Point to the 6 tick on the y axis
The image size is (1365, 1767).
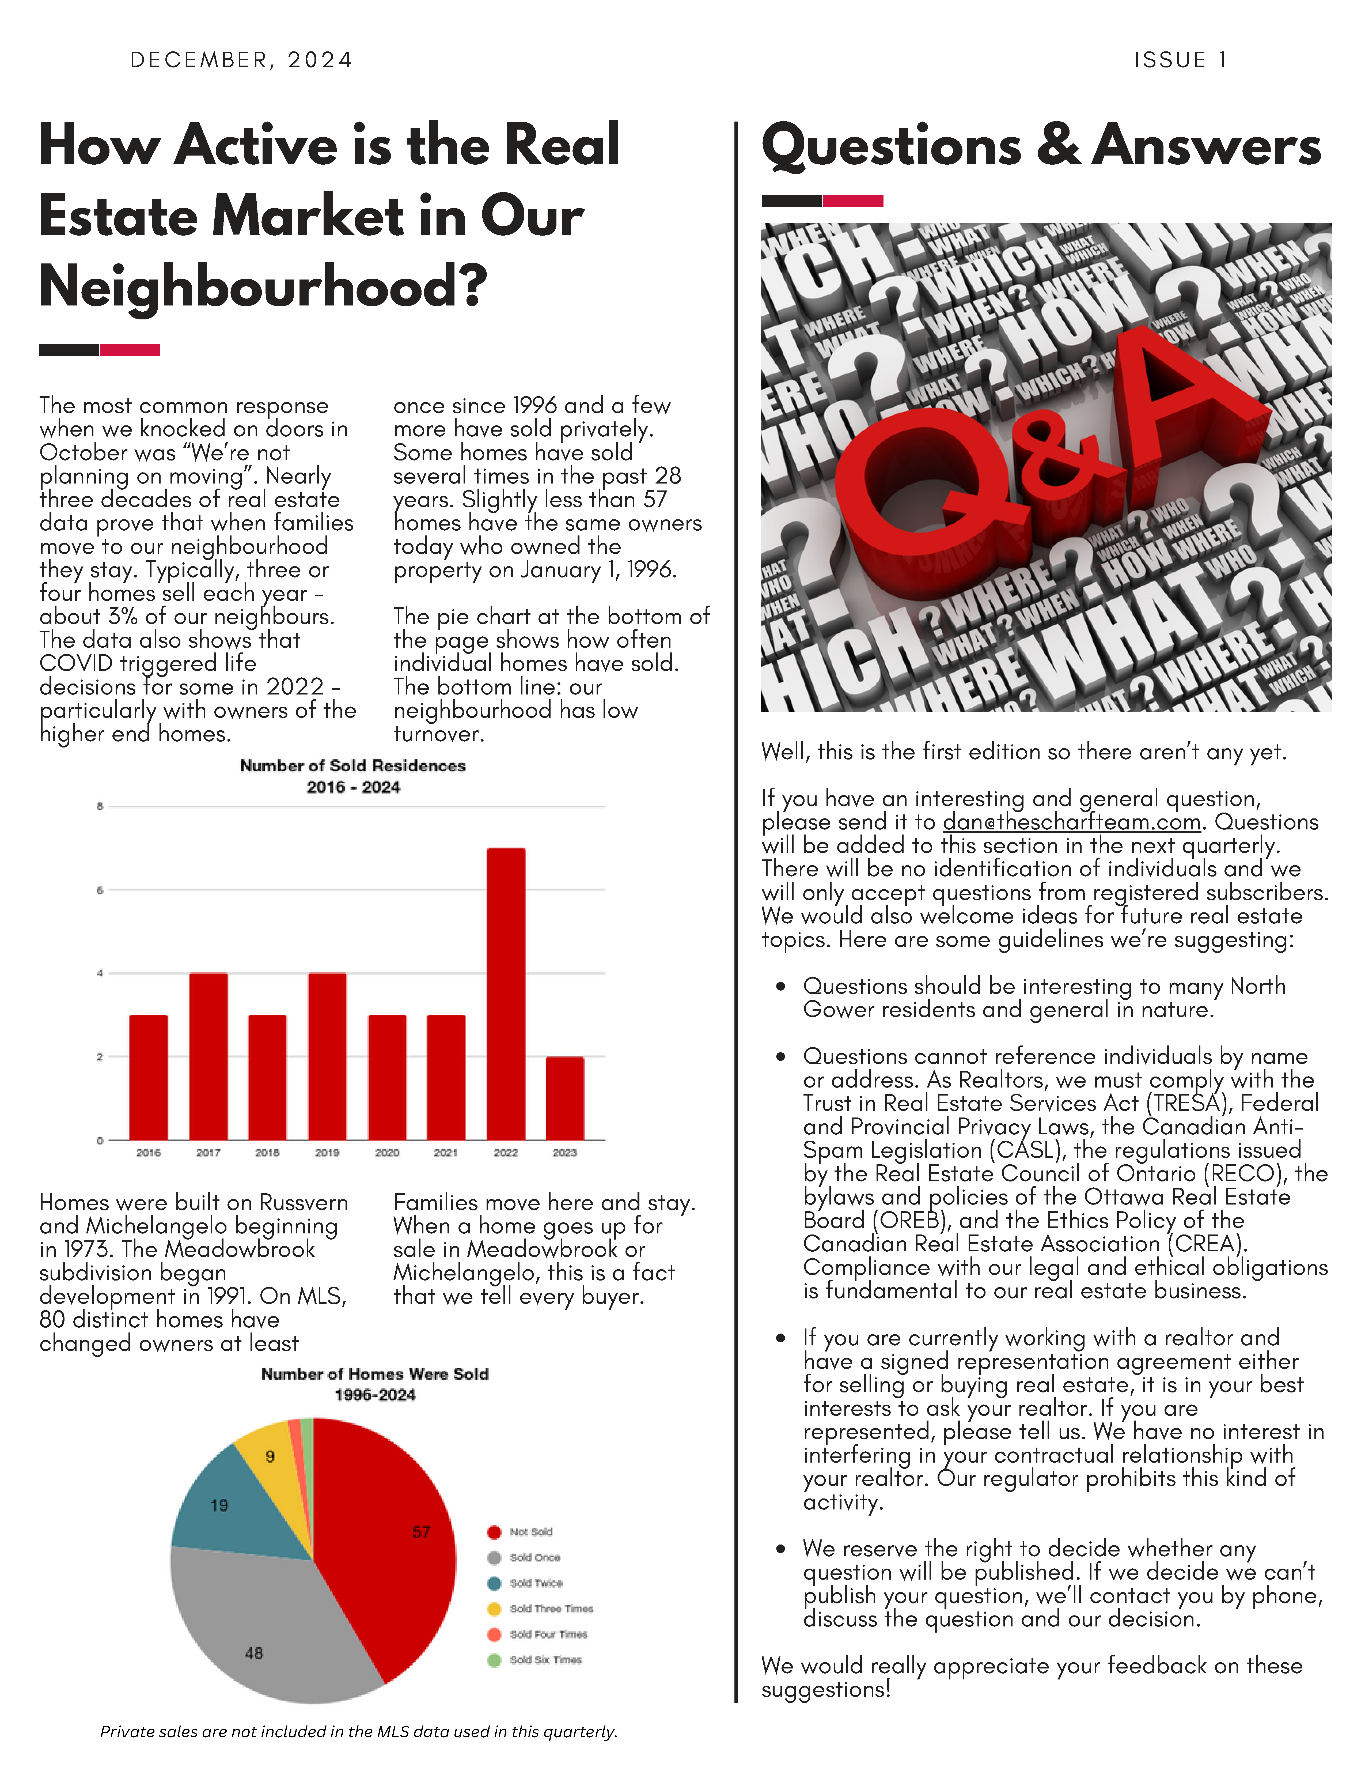click(x=100, y=890)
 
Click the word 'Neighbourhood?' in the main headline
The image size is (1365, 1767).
click(x=263, y=287)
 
